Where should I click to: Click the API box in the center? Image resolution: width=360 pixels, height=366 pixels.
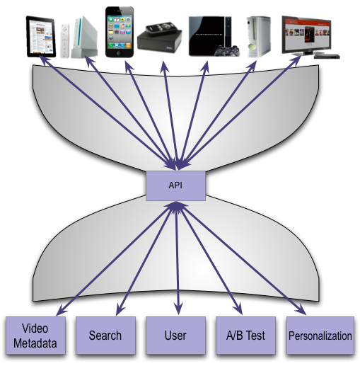(175, 185)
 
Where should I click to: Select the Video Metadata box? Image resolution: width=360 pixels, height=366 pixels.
(35, 335)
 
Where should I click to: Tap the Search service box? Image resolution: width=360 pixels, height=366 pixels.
(105, 335)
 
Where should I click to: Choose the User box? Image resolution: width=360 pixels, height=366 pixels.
(176, 335)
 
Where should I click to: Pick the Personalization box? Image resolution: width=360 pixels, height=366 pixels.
(320, 335)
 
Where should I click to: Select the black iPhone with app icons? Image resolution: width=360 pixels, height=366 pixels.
(117, 32)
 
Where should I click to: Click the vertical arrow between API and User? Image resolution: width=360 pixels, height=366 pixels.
(176, 262)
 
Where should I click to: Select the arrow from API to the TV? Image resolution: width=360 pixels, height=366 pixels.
(240, 113)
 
